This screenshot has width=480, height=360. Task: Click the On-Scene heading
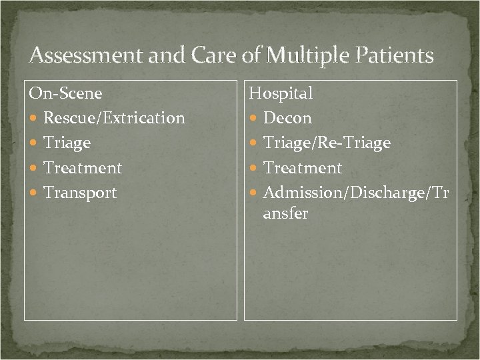65,93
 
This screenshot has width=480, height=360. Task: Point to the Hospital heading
281,93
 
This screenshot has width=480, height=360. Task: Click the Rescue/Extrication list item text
114,119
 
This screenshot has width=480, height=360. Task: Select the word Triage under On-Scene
67,143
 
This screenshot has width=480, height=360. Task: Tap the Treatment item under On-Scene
83,168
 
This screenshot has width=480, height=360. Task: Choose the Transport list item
80,193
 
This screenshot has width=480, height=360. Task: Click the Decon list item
287,119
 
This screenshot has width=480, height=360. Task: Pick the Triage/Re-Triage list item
327,143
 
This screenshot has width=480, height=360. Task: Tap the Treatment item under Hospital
303,168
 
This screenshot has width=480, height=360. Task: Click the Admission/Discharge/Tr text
357,193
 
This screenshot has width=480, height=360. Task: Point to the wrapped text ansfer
286,215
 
